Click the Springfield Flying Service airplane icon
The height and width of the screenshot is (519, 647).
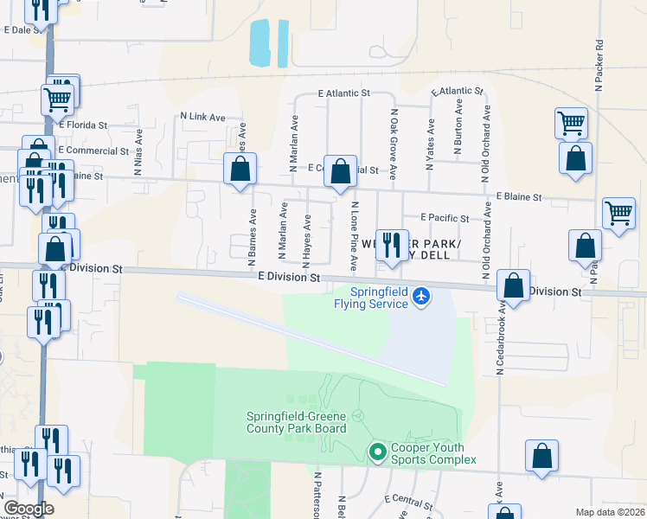(421, 296)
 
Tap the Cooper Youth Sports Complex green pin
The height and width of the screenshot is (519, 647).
(377, 452)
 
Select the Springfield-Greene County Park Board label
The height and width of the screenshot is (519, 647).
(296, 422)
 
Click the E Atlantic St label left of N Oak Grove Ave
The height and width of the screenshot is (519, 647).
(343, 92)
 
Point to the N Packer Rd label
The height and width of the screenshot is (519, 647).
(598, 65)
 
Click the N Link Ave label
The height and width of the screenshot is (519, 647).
(202, 116)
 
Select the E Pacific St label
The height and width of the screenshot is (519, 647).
(445, 218)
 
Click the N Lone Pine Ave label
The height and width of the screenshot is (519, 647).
(354, 234)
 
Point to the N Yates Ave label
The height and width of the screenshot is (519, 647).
(430, 133)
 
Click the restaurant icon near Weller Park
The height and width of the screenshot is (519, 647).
(392, 246)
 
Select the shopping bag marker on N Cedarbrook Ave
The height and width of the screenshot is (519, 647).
(514, 286)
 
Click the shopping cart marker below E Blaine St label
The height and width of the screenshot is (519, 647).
(619, 212)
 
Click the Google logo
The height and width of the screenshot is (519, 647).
(29, 509)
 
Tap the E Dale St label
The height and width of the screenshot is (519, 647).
(23, 29)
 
